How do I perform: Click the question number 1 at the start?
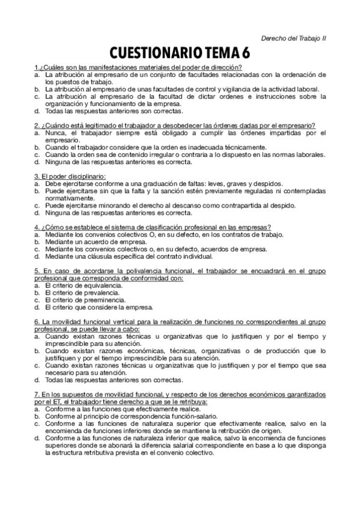[x=36, y=67]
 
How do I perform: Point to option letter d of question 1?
[x=37, y=111]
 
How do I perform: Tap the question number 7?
[x=36, y=393]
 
